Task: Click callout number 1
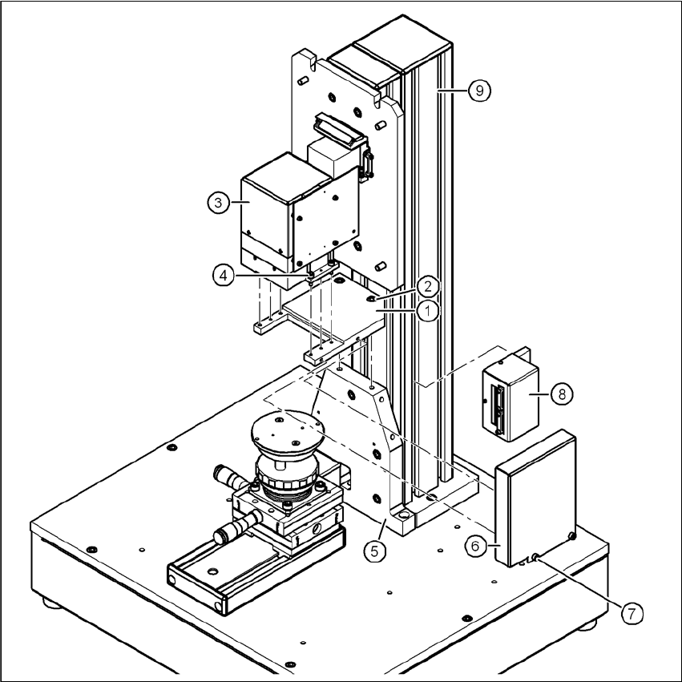click(x=428, y=310)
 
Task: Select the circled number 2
click(x=428, y=286)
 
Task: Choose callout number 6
click(x=475, y=545)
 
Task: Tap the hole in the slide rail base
click(x=212, y=571)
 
